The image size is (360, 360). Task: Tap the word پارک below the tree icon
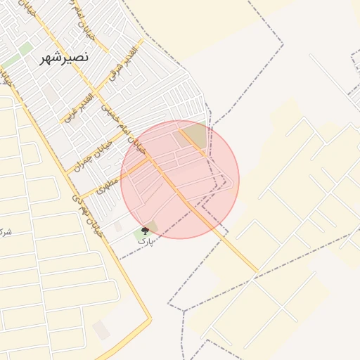[x=146, y=241]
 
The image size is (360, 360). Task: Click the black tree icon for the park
[x=146, y=231]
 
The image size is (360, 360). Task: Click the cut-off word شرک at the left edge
[x=6, y=231]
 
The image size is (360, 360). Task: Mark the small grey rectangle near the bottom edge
[x=101, y=329]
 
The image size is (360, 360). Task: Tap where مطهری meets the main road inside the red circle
[x=151, y=160]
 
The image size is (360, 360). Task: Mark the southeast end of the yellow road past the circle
[x=257, y=271]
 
